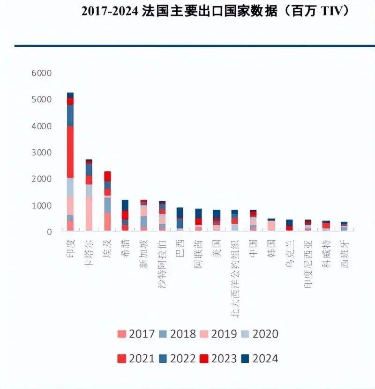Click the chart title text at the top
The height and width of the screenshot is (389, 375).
[216, 11]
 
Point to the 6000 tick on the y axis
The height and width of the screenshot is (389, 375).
[42, 73]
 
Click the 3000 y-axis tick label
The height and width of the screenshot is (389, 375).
[42, 153]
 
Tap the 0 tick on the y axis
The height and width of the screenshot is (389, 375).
[49, 232]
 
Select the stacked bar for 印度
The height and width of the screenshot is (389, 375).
[70, 161]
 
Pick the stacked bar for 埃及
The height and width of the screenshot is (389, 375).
[107, 201]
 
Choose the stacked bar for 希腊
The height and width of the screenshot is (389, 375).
[125, 215]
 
